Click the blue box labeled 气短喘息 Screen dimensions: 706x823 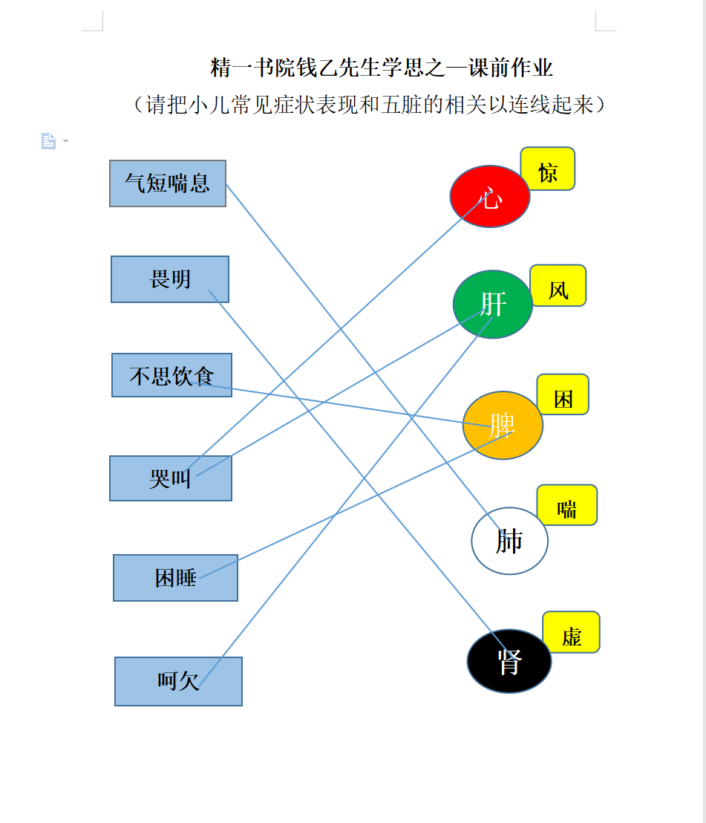click(x=168, y=183)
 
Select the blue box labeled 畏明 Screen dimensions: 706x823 click(x=170, y=279)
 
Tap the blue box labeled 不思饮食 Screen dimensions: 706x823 click(x=171, y=375)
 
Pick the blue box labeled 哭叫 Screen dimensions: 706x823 click(x=171, y=478)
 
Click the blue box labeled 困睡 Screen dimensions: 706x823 click(x=175, y=578)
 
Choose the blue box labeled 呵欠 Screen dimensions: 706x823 click(x=178, y=681)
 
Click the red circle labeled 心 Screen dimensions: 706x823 click(x=490, y=196)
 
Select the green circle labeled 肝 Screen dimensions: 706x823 click(x=493, y=305)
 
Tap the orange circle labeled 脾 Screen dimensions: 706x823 click(x=503, y=425)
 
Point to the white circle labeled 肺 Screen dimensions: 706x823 click(x=510, y=541)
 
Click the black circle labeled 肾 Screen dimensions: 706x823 click(x=509, y=661)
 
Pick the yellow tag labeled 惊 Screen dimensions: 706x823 click(x=548, y=169)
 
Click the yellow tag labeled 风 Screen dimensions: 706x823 click(x=558, y=285)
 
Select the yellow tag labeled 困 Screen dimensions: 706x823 click(x=563, y=394)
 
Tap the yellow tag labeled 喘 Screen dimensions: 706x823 click(x=567, y=505)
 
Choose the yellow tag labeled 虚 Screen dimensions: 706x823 click(x=571, y=632)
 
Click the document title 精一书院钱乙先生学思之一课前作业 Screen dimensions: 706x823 click(x=382, y=68)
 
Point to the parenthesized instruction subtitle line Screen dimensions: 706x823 click(x=369, y=105)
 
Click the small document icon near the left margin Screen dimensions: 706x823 click(x=48, y=141)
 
